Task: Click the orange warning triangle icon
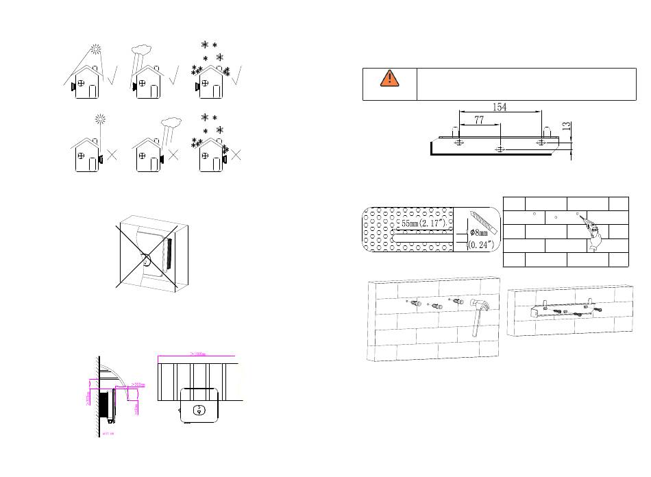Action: coord(389,77)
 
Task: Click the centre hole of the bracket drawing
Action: coord(500,147)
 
